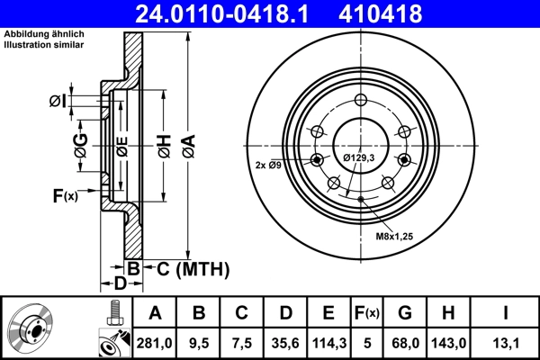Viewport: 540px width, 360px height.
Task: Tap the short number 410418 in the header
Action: [x=406, y=13]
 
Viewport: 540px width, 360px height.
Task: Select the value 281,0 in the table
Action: [x=155, y=341]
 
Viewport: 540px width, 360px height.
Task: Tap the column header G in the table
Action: [x=404, y=313]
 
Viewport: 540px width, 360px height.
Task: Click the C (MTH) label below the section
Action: [x=193, y=269]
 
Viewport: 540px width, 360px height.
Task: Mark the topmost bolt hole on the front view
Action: [x=360, y=101]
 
